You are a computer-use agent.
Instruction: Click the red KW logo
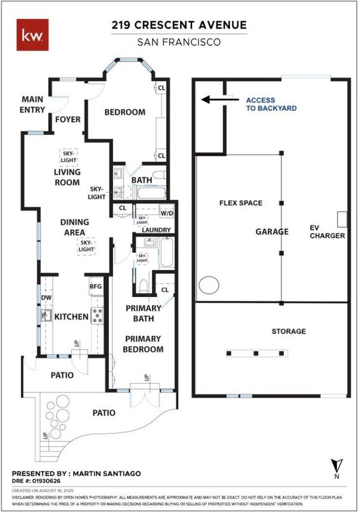pos(33,35)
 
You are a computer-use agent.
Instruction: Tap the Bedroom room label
pos(125,113)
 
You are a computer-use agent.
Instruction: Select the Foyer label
pos(68,120)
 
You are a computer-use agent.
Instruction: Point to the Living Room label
pos(67,177)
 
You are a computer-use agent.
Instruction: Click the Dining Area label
pos(74,227)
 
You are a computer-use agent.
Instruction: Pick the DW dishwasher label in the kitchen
pos(46,298)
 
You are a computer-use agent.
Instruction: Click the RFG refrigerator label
pos(95,286)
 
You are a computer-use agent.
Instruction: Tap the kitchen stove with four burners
pos(97,316)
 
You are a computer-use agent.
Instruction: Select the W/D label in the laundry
pos(167,213)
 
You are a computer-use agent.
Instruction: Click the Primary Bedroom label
pos(143,344)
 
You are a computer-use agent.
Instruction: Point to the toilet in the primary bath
pos(143,285)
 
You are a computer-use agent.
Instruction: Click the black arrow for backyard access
pos(220,99)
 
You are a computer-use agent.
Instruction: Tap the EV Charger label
pos(327,232)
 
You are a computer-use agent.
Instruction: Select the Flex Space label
pos(241,203)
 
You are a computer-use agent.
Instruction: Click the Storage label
pos(289,332)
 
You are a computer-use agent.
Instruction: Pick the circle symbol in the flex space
pos(209,285)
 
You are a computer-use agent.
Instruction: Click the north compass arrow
pos(336,465)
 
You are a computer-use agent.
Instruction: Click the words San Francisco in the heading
pos(179,42)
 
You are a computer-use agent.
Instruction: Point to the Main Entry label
pos(32,104)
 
